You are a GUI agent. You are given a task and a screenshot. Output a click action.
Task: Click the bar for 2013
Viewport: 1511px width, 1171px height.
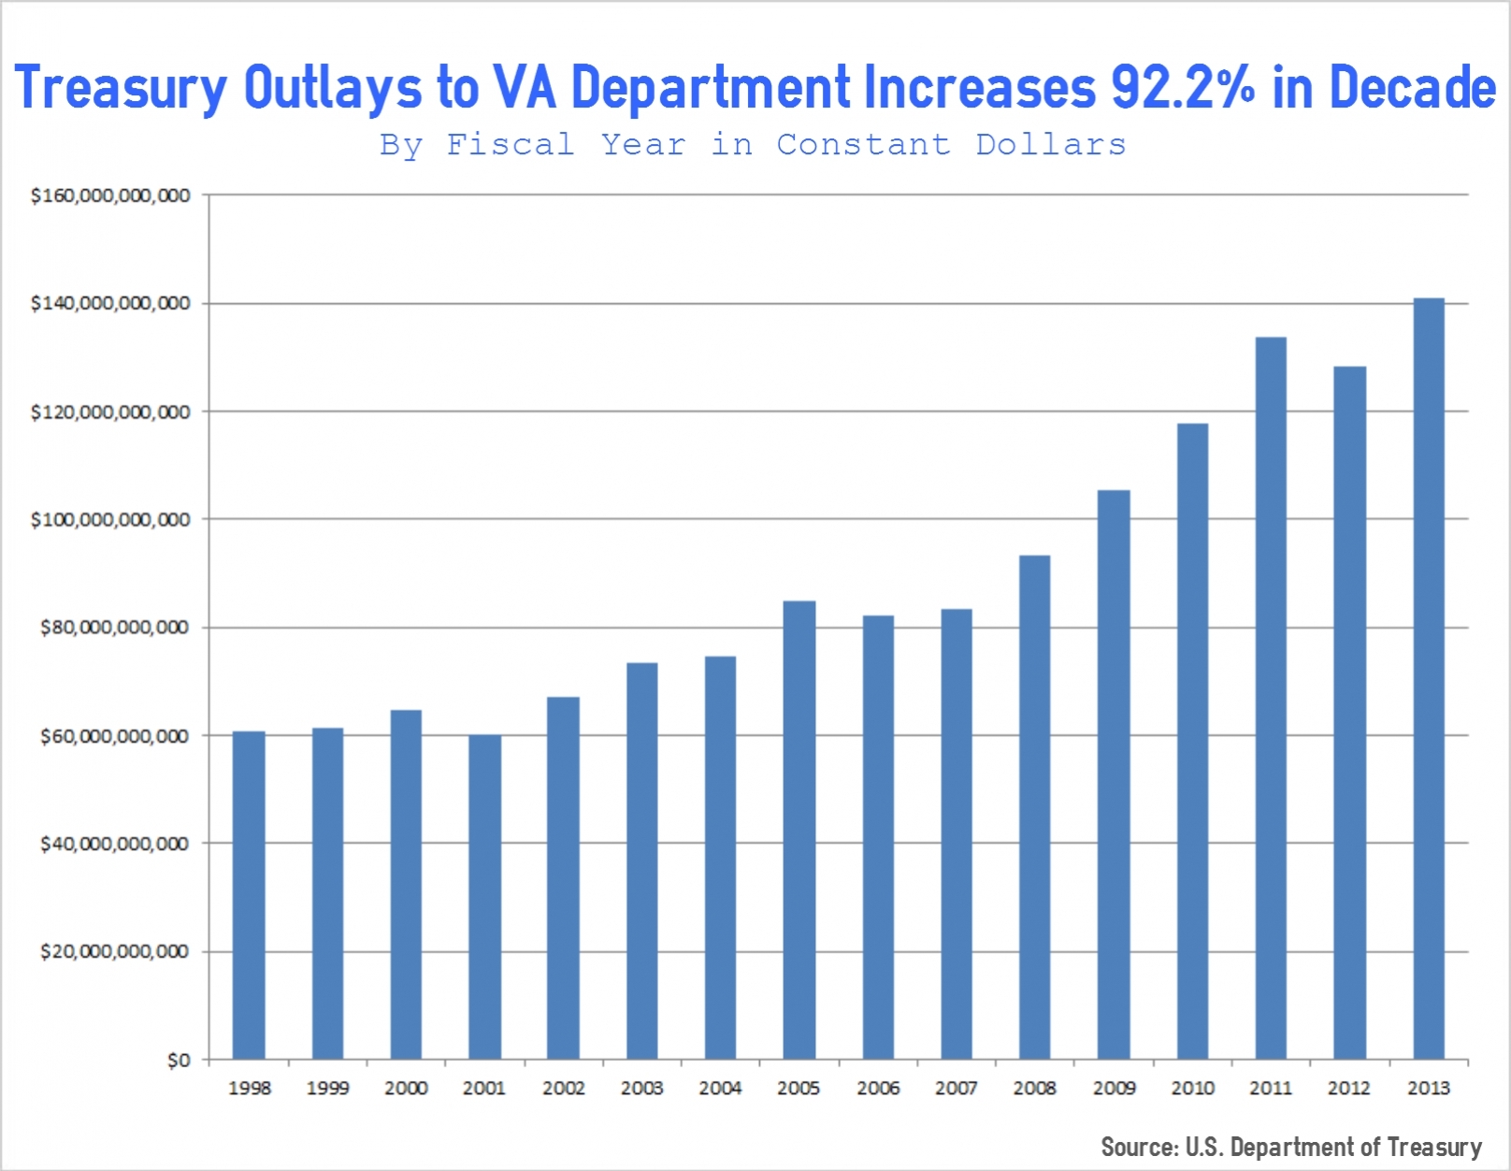click(1428, 678)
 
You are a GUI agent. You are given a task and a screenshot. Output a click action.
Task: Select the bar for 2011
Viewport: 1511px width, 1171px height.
click(1270, 698)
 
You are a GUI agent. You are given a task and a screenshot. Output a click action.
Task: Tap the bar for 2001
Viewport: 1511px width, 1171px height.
click(484, 896)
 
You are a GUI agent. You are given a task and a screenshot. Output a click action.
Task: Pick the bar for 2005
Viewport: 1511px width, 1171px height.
click(799, 830)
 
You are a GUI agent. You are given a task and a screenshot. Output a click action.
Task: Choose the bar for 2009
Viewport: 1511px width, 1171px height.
click(1113, 774)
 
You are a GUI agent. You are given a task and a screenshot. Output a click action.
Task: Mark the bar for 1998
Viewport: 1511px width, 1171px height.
click(249, 894)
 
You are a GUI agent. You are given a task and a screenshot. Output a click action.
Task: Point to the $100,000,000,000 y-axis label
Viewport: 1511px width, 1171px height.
click(110, 520)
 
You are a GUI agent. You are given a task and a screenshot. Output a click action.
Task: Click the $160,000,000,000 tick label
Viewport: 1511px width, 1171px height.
click(110, 195)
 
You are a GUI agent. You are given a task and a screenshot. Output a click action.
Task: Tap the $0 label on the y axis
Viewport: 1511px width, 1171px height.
click(178, 1061)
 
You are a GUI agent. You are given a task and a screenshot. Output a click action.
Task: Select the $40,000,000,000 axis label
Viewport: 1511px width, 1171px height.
click(114, 845)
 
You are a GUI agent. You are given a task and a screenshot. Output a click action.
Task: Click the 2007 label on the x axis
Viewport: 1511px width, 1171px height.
click(956, 1088)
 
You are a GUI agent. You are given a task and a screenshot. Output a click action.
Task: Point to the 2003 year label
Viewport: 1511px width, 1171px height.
click(641, 1088)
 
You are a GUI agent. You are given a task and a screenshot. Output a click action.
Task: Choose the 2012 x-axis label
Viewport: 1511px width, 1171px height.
click(1348, 1088)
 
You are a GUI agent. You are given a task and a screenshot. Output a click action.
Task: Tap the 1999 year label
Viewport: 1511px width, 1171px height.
click(327, 1088)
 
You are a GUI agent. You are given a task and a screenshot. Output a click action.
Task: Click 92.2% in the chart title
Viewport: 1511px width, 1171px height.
click(1183, 88)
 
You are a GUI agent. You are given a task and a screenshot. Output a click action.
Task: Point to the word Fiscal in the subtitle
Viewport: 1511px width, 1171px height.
click(511, 145)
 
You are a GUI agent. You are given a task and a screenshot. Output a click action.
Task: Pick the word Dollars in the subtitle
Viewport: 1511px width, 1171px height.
click(1051, 145)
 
